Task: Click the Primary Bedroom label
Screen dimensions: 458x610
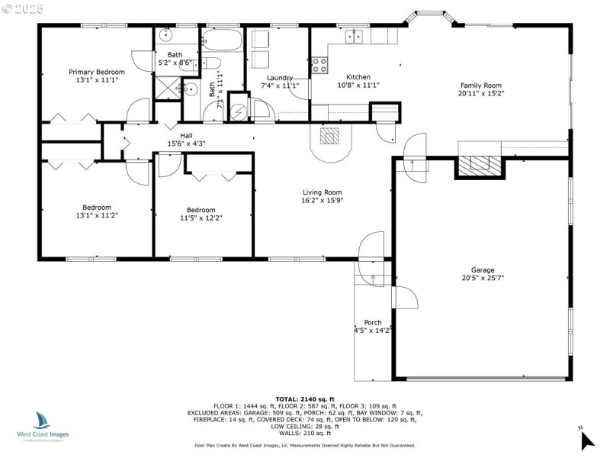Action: pyautogui.click(x=96, y=71)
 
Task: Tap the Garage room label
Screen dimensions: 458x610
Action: pyautogui.click(x=483, y=269)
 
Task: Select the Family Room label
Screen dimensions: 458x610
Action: pyautogui.click(x=480, y=85)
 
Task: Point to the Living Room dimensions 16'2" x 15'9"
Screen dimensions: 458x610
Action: pyautogui.click(x=322, y=201)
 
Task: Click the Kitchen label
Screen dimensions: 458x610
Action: pyautogui.click(x=358, y=77)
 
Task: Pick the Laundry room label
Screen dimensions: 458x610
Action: pyautogui.click(x=280, y=78)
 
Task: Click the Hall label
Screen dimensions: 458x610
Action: pyautogui.click(x=186, y=135)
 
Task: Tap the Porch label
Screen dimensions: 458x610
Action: pyautogui.click(x=372, y=322)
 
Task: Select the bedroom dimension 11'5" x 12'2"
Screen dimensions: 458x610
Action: pyautogui.click(x=201, y=218)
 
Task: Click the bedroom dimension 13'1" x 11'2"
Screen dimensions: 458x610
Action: pyautogui.click(x=97, y=215)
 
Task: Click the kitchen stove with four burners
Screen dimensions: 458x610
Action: pyautogui.click(x=319, y=66)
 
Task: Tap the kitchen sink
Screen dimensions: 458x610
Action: pyautogui.click(x=354, y=34)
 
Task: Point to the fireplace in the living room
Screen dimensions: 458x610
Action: pyautogui.click(x=330, y=136)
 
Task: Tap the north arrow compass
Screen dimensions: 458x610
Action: pyautogui.click(x=586, y=439)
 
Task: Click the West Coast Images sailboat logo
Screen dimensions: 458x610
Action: pyautogui.click(x=42, y=421)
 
